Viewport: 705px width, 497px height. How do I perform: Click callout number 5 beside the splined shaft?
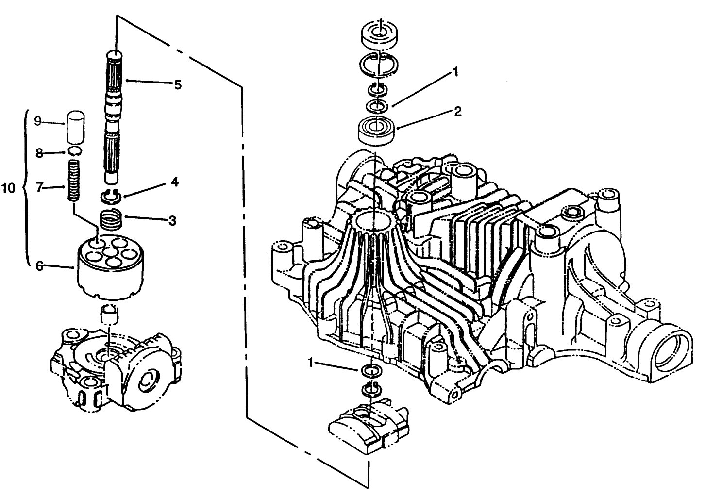pos(178,85)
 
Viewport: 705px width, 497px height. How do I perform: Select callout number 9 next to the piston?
pos(37,121)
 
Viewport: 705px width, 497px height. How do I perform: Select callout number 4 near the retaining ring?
pos(174,182)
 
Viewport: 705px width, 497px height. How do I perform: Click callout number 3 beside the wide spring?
pos(172,220)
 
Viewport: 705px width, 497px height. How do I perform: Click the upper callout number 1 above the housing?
pos(455,72)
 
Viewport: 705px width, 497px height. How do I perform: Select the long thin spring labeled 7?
pos(74,182)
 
